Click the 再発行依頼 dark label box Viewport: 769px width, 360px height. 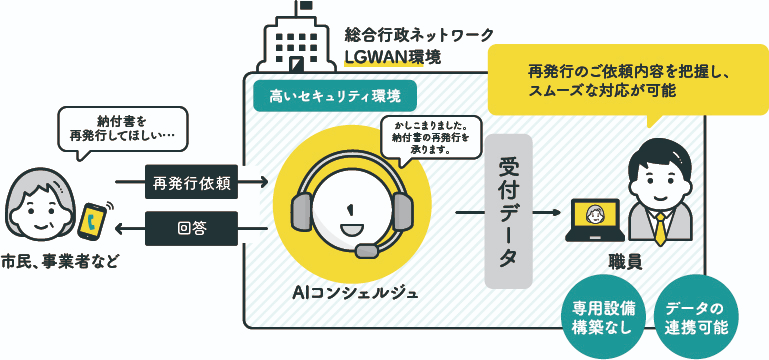(x=191, y=182)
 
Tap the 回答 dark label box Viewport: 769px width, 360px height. (x=191, y=229)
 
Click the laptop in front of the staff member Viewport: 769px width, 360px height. (x=594, y=222)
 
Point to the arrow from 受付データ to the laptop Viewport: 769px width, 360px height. (x=546, y=213)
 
